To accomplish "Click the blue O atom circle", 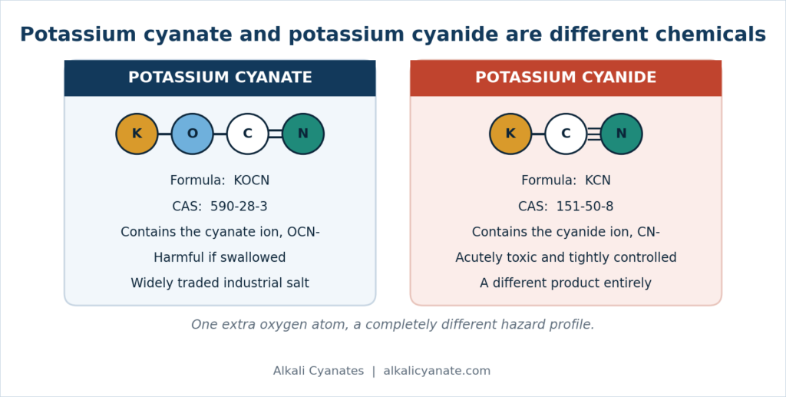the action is click(x=193, y=134).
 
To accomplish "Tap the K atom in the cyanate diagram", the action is click(x=137, y=134).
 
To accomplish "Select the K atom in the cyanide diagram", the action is click(x=510, y=134).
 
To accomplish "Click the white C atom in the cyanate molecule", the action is click(x=248, y=134).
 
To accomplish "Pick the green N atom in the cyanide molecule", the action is click(x=621, y=134).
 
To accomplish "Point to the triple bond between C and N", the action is click(x=593, y=134).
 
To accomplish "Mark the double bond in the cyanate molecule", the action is click(x=276, y=134).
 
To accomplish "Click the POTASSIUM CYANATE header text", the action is click(x=220, y=78).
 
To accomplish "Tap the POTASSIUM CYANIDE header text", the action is click(x=566, y=78).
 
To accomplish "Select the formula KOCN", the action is click(x=252, y=180).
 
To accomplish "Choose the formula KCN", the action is click(x=597, y=180).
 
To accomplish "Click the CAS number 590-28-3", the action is click(x=239, y=207).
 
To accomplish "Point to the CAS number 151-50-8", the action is click(x=585, y=207).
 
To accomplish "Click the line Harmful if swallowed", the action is click(x=220, y=258).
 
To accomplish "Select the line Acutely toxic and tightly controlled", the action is click(x=566, y=258).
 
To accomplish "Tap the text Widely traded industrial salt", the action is click(x=220, y=283).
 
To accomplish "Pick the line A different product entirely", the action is click(x=566, y=283).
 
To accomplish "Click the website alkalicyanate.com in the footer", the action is click(x=437, y=371).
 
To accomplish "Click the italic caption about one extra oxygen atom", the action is click(x=393, y=325).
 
